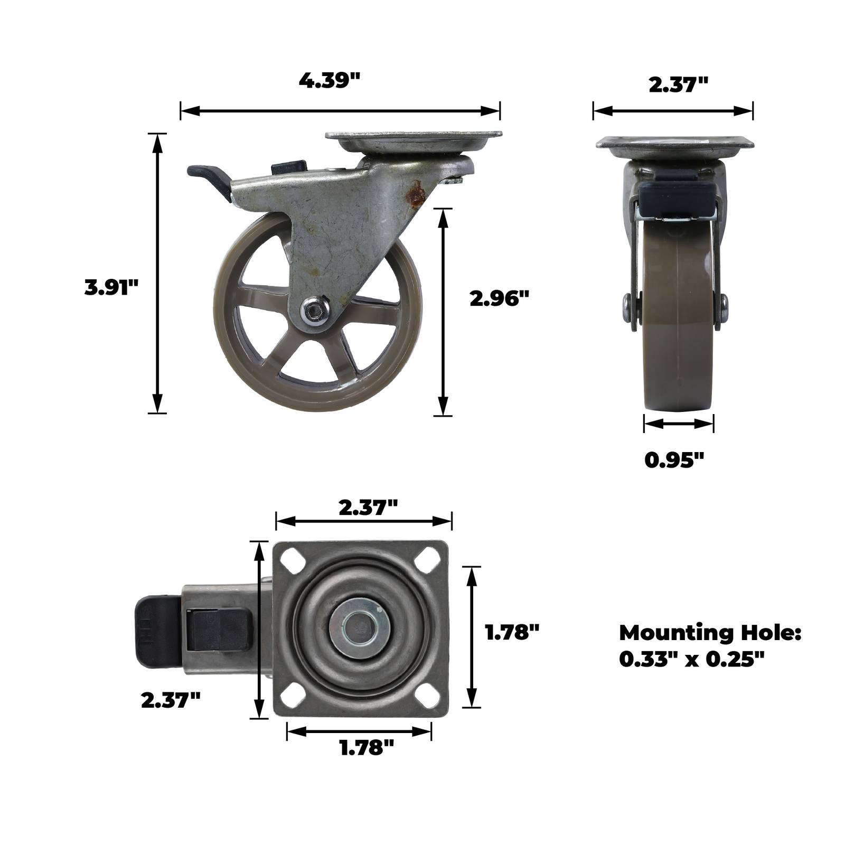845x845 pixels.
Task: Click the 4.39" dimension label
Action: (330, 81)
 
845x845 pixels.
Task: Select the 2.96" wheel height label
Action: (499, 299)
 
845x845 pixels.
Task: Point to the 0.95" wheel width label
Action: (674, 460)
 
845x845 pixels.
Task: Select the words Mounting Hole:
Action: (710, 633)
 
